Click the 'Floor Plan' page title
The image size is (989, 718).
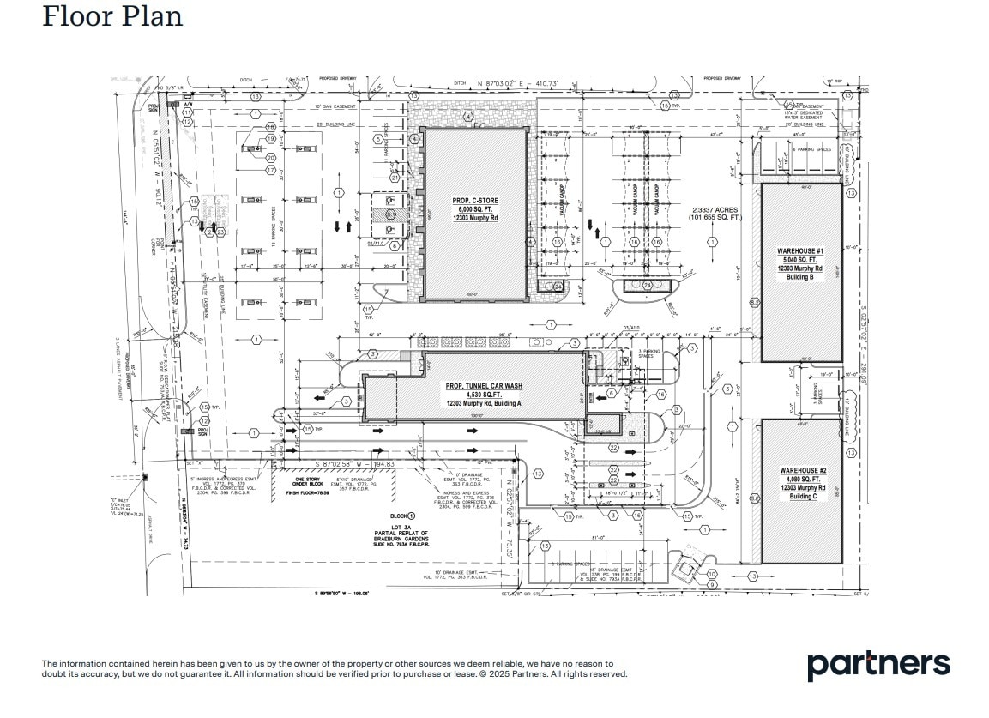pos(112,16)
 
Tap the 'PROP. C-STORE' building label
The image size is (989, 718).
pos(475,202)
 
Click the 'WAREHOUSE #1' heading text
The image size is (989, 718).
pos(800,251)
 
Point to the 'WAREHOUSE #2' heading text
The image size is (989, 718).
pos(802,471)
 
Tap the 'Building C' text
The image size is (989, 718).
pos(801,497)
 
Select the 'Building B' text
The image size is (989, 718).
pos(799,277)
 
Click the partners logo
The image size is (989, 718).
pos(877,665)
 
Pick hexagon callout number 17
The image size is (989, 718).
pos(271,171)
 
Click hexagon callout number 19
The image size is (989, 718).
pos(270,139)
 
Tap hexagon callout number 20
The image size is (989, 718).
pos(270,158)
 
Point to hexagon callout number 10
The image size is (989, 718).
pos(711,575)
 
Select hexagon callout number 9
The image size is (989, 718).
pos(711,585)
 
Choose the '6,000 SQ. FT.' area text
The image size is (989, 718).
pos(475,210)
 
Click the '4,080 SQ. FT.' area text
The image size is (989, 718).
pos(801,480)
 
